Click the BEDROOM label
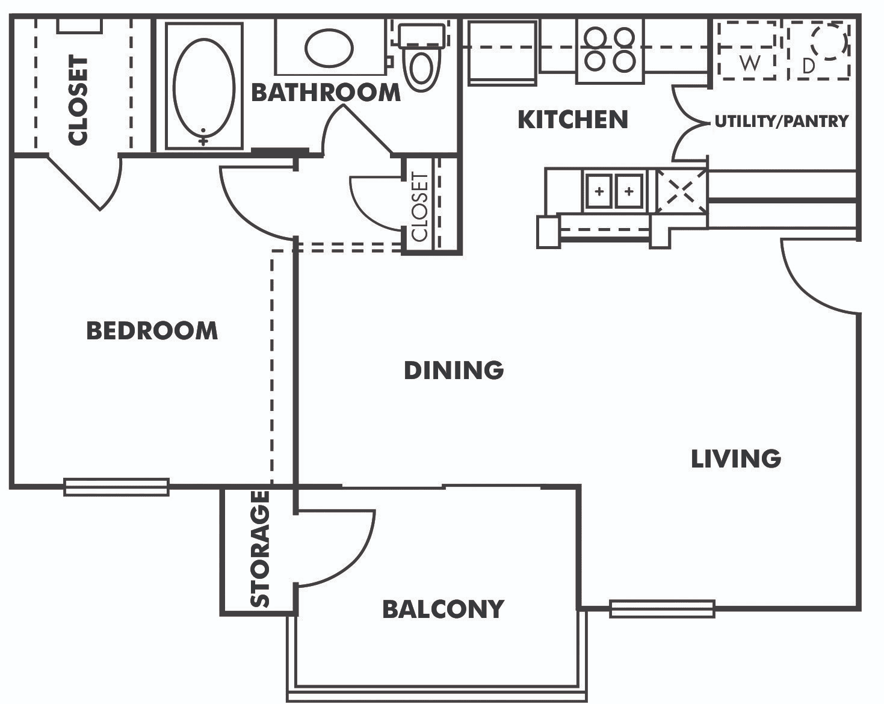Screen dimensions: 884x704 [x=152, y=331]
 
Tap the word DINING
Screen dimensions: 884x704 [x=454, y=370]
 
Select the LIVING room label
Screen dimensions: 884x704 [x=736, y=459]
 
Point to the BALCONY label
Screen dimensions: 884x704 [x=444, y=609]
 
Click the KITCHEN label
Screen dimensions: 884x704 [x=573, y=120]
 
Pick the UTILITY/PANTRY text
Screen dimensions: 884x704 [x=782, y=121]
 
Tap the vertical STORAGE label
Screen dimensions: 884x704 [x=260, y=549]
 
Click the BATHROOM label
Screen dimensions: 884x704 [x=326, y=93]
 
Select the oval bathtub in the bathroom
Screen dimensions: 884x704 [x=204, y=87]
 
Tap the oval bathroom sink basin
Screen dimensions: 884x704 [x=329, y=48]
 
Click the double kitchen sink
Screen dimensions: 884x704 [x=614, y=191]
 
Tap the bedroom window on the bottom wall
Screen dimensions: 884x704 [x=116, y=487]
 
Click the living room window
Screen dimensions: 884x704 [x=662, y=609]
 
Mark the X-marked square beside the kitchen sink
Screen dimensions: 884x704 [x=681, y=192]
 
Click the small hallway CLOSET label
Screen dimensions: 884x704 [x=420, y=206]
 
